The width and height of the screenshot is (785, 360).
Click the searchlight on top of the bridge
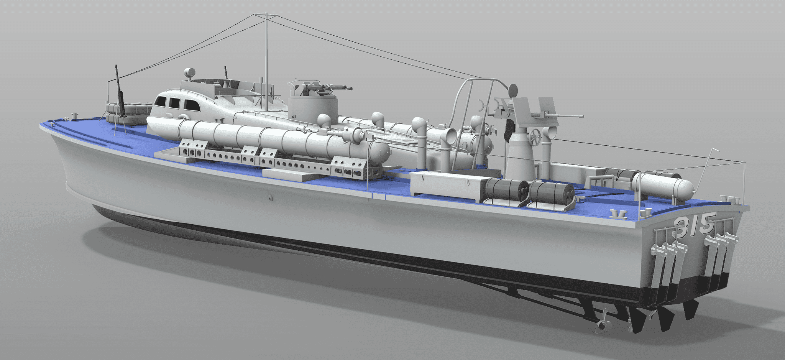point(190,72)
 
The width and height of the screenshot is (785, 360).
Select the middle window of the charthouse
point(174,103)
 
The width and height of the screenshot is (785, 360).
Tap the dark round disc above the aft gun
point(512,90)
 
